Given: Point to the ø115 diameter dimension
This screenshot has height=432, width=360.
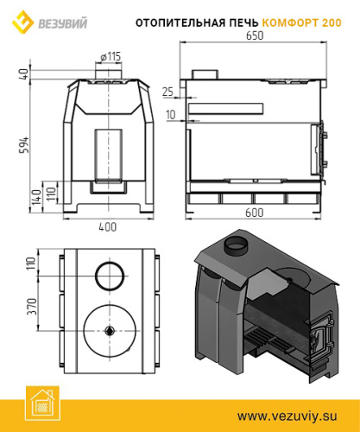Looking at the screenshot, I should pyautogui.click(x=109, y=56).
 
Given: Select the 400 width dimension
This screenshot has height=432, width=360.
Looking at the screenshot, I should pyautogui.click(x=107, y=226).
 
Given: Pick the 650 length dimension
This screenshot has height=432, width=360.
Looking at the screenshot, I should pyautogui.click(x=253, y=37).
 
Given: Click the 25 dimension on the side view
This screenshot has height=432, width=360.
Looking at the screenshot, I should pyautogui.click(x=167, y=91).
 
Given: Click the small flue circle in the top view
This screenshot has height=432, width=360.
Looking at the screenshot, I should pyautogui.click(x=109, y=276).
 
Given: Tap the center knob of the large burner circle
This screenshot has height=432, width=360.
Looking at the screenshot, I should pyautogui.click(x=109, y=330).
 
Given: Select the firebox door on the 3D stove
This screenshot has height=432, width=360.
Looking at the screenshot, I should pyautogui.click(x=320, y=338).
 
